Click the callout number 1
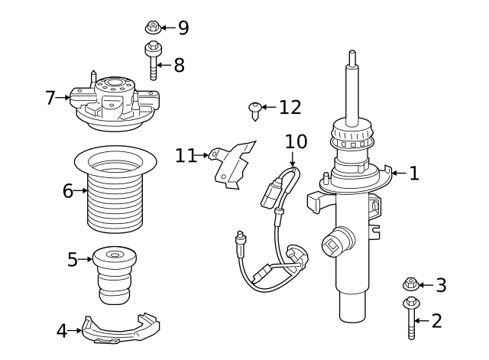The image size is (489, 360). point(414,174)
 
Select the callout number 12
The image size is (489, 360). point(290,107)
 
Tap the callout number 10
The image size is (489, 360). point(296,141)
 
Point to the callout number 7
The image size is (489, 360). point(50,98)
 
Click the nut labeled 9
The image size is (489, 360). point(152,28)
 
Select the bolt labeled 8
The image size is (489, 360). point(151,62)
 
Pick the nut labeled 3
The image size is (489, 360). point(410,286)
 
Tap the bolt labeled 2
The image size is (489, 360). point(410,318)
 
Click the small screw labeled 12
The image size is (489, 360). point(254,109)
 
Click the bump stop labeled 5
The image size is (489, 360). point(113,275)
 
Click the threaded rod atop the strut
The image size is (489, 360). point(351,84)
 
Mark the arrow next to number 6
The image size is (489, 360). point(81,191)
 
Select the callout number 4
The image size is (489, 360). point(62,331)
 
